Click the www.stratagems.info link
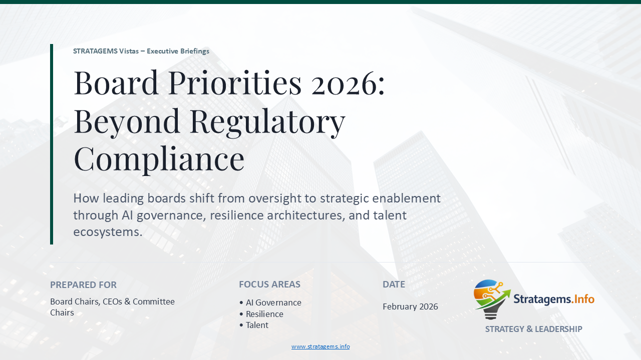click(320, 346)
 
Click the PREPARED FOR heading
click(83, 285)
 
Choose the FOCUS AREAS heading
click(269, 285)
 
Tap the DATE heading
click(394, 284)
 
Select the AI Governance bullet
click(273, 302)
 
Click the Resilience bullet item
click(264, 314)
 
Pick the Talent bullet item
click(256, 325)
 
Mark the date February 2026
click(410, 306)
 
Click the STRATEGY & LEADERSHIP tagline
click(533, 329)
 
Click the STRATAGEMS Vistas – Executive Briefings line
click(141, 51)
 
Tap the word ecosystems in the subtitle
click(108, 232)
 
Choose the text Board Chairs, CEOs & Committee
click(112, 301)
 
